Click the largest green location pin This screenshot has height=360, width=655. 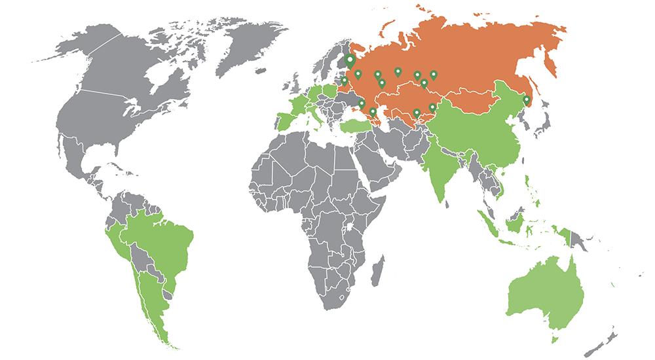click(x=350, y=61)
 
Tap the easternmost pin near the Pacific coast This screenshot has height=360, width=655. click(x=526, y=100)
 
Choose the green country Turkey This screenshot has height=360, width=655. click(x=357, y=125)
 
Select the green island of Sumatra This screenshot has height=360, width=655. click(x=488, y=223)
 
